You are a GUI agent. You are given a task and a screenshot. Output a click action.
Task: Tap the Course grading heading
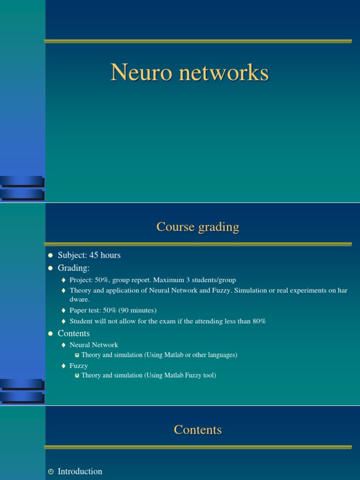(x=198, y=227)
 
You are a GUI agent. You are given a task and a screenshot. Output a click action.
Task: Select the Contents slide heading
(x=198, y=430)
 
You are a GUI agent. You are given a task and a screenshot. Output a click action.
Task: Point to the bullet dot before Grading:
(x=51, y=268)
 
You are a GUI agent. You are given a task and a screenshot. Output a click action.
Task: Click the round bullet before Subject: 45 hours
(x=51, y=255)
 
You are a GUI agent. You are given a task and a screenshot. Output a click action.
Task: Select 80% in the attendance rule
(x=258, y=322)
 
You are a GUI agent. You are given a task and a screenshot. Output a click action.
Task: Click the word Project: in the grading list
(x=82, y=280)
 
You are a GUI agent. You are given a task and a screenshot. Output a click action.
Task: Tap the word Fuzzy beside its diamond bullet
(x=79, y=366)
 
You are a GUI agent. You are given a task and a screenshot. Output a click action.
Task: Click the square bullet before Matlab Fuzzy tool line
(x=77, y=376)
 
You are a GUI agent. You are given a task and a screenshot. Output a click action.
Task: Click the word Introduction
(x=80, y=472)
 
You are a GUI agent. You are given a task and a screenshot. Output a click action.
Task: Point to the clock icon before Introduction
(x=51, y=472)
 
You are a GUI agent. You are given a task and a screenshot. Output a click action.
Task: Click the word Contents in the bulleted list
(x=74, y=334)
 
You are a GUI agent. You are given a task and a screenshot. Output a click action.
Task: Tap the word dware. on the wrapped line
(x=80, y=300)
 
